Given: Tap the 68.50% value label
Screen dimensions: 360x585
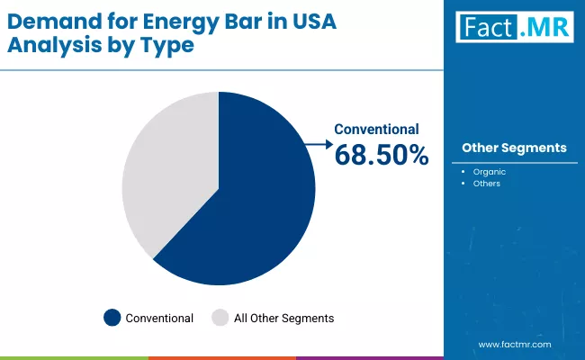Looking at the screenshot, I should (382, 155).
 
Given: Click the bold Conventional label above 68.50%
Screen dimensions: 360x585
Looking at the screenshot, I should (376, 130).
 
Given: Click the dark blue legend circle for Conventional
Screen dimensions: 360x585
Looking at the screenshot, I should (112, 318).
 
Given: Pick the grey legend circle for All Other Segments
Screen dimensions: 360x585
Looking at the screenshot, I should (220, 318).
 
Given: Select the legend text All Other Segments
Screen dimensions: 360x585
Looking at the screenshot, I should (283, 318).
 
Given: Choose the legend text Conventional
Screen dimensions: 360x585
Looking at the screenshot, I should (159, 318).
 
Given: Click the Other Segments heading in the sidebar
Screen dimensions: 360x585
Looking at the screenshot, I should (514, 148).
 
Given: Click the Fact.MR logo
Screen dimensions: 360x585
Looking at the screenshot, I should (515, 26).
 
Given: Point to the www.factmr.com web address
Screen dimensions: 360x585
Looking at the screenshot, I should (514, 345).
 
